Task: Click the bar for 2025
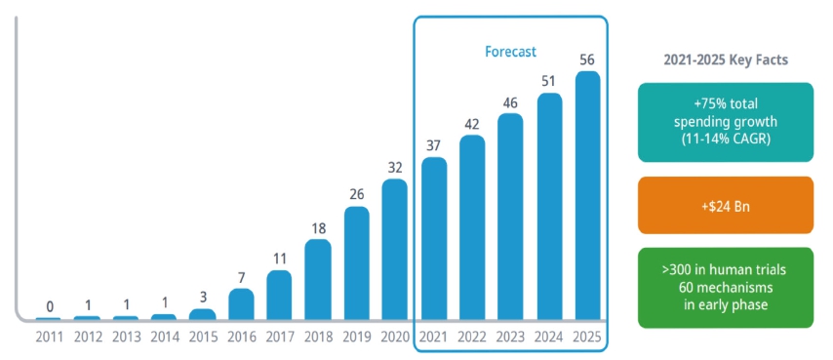[588, 195]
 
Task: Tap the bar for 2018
[318, 279]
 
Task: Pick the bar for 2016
[241, 303]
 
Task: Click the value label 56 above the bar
[588, 60]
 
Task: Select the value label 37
[434, 145]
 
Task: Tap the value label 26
[357, 194]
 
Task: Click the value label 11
[279, 259]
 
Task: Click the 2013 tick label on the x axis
[125, 337]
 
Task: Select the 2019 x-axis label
[357, 337]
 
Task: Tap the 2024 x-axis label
[549, 337]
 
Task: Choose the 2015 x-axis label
[202, 337]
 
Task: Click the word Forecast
[511, 52]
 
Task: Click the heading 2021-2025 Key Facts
[726, 60]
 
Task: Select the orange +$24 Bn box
[725, 205]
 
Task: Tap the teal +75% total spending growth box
[725, 122]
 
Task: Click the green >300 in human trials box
[725, 288]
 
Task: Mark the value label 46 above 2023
[511, 101]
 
